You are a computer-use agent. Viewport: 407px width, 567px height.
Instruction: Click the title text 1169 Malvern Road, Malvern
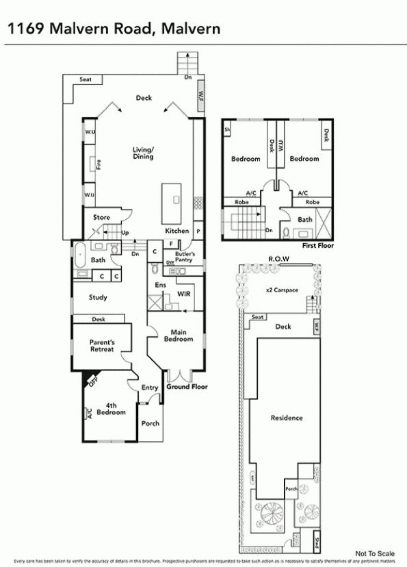114,28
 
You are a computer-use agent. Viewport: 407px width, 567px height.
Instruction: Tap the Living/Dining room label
143,153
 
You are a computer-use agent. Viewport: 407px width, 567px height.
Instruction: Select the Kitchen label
176,231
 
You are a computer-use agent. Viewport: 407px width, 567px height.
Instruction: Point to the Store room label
101,218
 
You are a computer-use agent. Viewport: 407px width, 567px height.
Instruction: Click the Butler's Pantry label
184,257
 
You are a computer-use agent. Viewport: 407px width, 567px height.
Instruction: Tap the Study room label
98,297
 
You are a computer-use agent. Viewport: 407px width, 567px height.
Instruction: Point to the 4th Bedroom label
111,409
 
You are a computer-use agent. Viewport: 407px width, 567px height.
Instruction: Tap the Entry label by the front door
150,388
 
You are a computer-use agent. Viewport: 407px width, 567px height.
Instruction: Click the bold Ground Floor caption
187,387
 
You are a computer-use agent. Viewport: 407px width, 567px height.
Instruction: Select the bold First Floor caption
318,245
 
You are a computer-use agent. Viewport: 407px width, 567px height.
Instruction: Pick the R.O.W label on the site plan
279,259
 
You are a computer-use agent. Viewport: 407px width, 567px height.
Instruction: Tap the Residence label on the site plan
286,418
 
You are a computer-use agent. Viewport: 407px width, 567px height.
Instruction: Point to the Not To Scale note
376,553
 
